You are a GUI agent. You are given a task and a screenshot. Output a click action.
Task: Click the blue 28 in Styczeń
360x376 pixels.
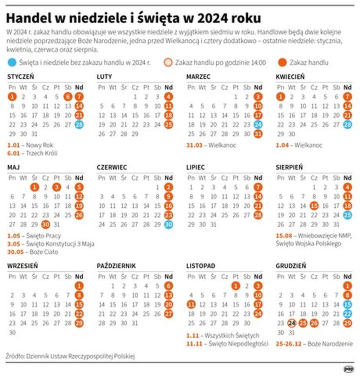point(79,124)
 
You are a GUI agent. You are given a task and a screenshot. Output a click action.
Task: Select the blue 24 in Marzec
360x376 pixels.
point(258,124)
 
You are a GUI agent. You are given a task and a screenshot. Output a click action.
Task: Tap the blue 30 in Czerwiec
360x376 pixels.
point(168,224)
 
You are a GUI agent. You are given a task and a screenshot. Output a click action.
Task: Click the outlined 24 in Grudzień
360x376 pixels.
point(292,322)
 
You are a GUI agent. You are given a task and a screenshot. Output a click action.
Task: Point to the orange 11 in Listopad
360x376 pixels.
point(191,304)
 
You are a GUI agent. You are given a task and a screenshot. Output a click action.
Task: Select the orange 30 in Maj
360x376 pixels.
point(45,224)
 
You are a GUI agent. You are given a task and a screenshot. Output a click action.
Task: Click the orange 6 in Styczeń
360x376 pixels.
point(68,97)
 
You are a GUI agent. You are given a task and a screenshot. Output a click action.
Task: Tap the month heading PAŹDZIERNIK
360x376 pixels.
point(116,266)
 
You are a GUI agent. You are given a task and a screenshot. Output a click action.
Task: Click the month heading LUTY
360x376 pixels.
point(104,76)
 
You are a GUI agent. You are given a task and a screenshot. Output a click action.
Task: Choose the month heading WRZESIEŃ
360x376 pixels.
point(22,266)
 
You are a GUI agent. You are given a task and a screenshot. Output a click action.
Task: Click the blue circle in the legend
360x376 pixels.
point(12,62)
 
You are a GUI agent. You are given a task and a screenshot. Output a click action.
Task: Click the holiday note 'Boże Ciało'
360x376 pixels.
point(38,252)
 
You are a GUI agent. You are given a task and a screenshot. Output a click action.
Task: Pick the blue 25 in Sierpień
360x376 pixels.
point(347,215)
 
